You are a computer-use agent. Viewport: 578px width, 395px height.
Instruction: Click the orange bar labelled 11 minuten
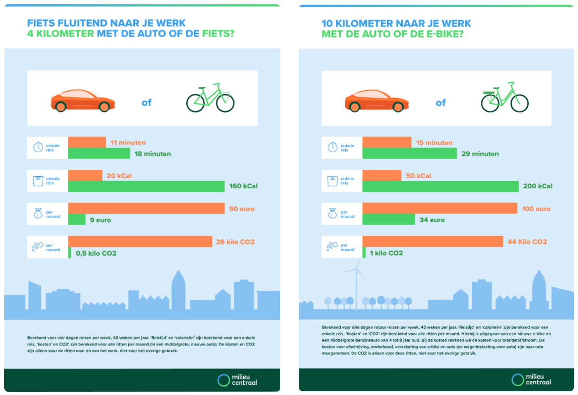click(87, 142)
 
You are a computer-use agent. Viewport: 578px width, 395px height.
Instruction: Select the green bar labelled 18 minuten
click(99, 153)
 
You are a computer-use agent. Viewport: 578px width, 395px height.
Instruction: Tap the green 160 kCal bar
click(146, 186)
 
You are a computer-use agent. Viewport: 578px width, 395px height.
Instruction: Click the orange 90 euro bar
click(146, 208)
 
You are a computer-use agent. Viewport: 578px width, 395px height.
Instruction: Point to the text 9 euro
click(100, 220)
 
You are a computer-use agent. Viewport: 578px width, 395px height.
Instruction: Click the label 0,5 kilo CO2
click(96, 253)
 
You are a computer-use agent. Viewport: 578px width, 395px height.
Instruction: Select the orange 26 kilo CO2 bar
click(140, 241)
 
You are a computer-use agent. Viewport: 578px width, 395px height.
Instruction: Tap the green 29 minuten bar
click(409, 153)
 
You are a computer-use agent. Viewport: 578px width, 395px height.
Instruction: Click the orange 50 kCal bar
click(382, 175)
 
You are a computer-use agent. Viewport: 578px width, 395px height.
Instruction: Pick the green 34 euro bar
click(388, 219)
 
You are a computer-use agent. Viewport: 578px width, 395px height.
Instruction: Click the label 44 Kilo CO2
click(527, 241)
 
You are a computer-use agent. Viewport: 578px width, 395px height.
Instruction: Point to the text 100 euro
click(536, 208)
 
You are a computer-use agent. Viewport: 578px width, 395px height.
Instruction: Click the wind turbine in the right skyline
click(356, 284)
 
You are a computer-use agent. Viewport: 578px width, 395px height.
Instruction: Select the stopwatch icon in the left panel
click(38, 147)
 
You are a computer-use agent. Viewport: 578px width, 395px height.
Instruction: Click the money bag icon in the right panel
click(332, 213)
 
